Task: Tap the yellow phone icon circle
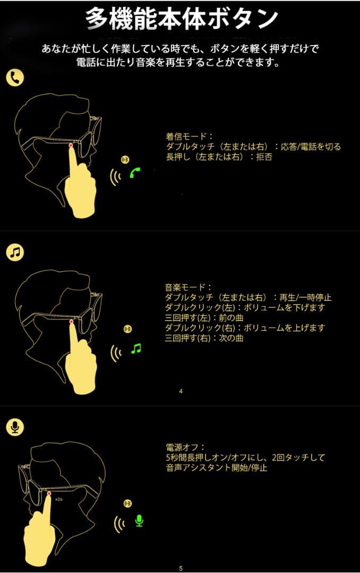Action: pyautogui.click(x=15, y=78)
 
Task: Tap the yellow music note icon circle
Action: pyautogui.click(x=15, y=252)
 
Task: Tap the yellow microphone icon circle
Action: pyautogui.click(x=15, y=427)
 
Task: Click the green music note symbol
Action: pyautogui.click(x=136, y=349)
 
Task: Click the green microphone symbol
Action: pyautogui.click(x=139, y=520)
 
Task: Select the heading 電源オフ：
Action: pyautogui.click(x=186, y=447)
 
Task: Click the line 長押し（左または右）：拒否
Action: pyautogui.click(x=219, y=157)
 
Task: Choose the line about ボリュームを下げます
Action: pyautogui.click(x=245, y=308)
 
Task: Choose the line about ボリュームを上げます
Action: pyautogui.click(x=245, y=328)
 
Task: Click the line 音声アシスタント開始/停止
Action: pyautogui.click(x=216, y=468)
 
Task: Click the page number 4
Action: pyautogui.click(x=181, y=391)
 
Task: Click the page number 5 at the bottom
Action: pyautogui.click(x=181, y=568)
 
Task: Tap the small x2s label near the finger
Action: pyautogui.click(x=58, y=499)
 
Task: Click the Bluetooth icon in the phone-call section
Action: pyautogui.click(x=125, y=159)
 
